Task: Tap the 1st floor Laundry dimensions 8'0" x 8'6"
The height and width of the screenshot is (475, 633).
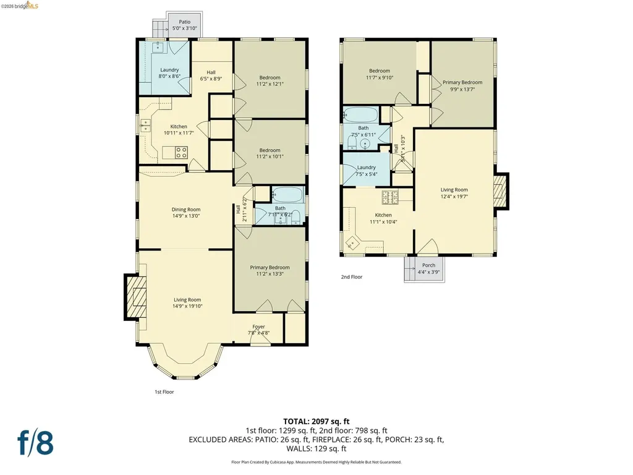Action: (x=169, y=77)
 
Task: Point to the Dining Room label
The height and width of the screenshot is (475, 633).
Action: (x=185, y=209)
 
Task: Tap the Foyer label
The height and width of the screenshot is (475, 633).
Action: (x=258, y=326)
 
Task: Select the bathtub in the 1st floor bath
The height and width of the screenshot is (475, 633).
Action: (x=286, y=194)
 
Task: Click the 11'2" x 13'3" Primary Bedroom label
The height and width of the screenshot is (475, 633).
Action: (x=270, y=267)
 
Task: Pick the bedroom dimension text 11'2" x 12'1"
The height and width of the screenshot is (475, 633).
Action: (x=270, y=85)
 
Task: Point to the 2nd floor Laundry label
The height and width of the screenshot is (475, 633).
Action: (x=366, y=167)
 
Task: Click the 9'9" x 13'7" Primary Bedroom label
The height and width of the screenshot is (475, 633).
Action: (x=462, y=82)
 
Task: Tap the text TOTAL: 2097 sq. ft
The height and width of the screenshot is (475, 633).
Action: (x=316, y=421)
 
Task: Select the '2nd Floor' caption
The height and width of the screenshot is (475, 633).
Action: (x=352, y=277)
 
